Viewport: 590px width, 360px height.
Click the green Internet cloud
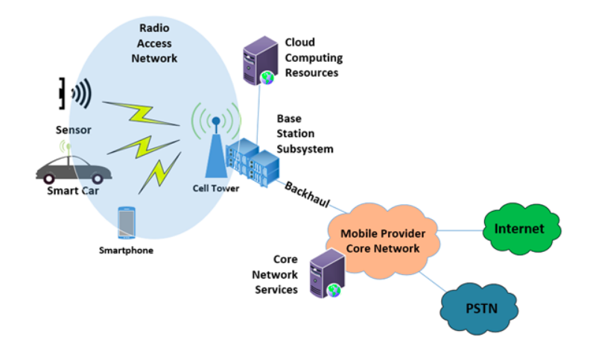tap(519, 229)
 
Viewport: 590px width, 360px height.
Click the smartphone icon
tap(126, 222)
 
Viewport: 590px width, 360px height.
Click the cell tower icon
tap(216, 149)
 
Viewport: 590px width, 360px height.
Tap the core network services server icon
tap(326, 274)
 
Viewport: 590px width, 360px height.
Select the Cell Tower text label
tap(215, 189)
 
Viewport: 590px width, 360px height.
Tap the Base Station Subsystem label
tap(305, 133)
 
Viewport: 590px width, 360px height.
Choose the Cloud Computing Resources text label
tap(314, 57)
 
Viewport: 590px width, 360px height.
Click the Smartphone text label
tap(126, 250)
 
